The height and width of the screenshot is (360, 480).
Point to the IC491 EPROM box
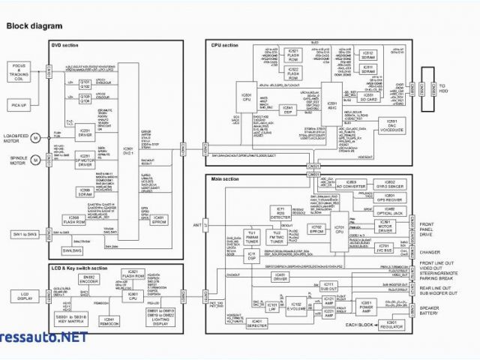[x=157, y=220]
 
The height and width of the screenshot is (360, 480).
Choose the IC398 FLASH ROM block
[x=73, y=220]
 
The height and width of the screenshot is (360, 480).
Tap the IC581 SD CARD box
[x=368, y=97]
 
